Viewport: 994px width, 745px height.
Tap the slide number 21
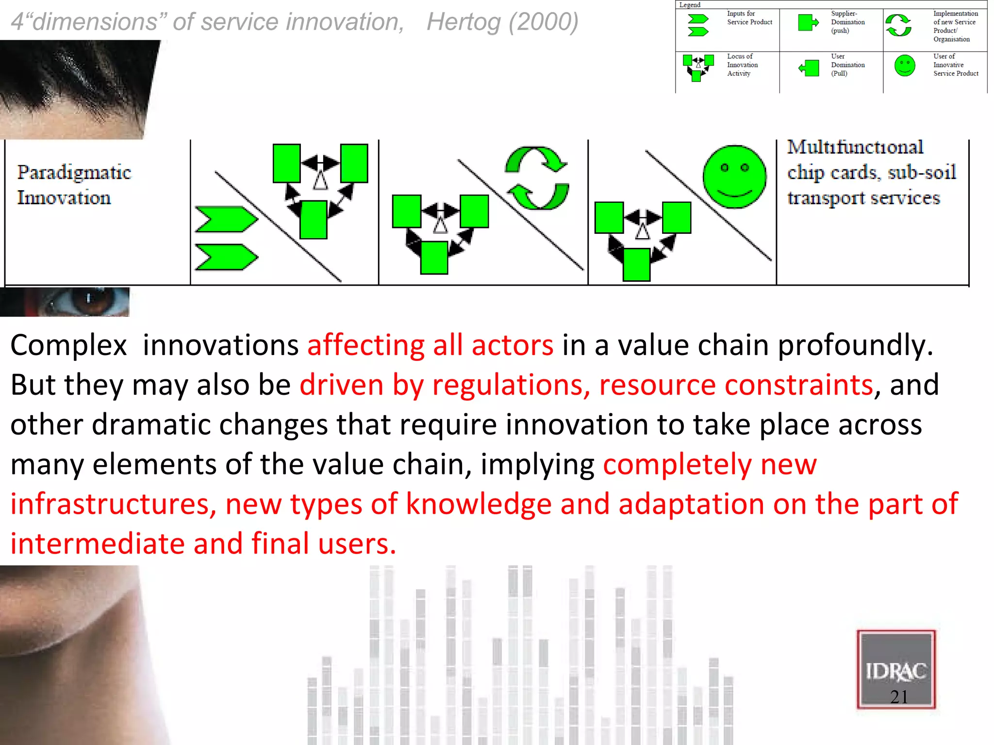(x=899, y=697)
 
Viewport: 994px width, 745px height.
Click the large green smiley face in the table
(x=734, y=177)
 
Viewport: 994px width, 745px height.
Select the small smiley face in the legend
(x=904, y=66)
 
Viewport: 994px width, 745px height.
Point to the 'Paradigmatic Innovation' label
(x=74, y=185)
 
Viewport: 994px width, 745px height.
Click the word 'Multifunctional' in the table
(x=855, y=147)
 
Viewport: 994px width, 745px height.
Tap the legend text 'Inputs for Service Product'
(x=749, y=18)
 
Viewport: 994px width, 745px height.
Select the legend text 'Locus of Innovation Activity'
(x=742, y=65)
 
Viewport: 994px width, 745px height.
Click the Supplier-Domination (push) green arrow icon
(x=808, y=22)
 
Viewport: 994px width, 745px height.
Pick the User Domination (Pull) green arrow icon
(x=809, y=68)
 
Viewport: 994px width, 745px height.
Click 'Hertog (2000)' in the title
(x=502, y=22)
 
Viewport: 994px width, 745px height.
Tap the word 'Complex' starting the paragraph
(x=68, y=345)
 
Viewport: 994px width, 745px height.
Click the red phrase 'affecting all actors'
(x=430, y=345)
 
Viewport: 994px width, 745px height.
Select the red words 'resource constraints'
(x=736, y=385)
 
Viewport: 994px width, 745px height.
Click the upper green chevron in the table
(x=226, y=219)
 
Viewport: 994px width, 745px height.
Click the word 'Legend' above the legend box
(x=690, y=5)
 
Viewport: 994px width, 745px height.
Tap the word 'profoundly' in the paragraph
(x=855, y=345)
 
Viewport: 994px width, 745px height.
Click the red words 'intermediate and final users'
(x=203, y=544)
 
